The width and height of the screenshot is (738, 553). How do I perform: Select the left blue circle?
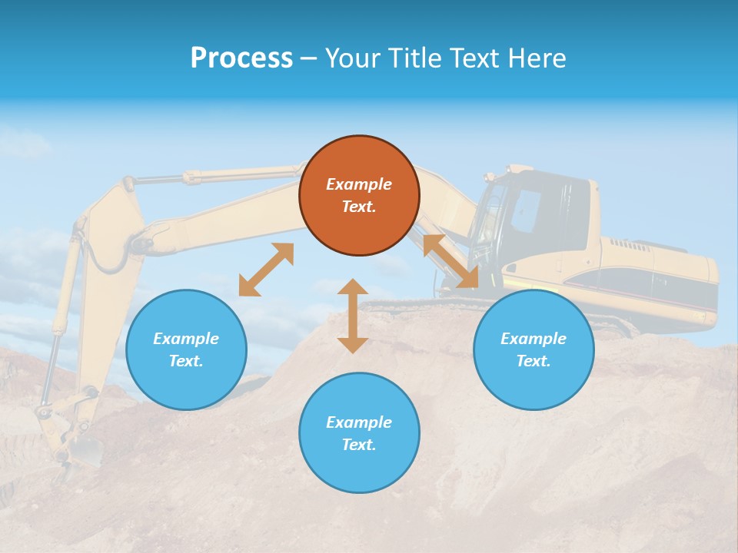tap(186, 349)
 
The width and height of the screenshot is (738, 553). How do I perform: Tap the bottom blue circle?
tap(359, 433)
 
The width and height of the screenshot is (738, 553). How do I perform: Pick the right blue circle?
tap(534, 349)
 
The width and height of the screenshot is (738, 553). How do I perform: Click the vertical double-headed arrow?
tap(353, 316)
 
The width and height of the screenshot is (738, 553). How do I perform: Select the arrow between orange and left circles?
tap(266, 270)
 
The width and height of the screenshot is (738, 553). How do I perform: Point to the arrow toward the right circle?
tap(451, 261)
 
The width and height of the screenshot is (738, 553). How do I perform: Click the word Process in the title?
tap(241, 58)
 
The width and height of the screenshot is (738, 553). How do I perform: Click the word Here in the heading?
tap(537, 58)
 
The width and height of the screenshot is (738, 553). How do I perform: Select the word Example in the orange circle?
tap(359, 184)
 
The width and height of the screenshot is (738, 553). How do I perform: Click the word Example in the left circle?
tap(186, 339)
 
